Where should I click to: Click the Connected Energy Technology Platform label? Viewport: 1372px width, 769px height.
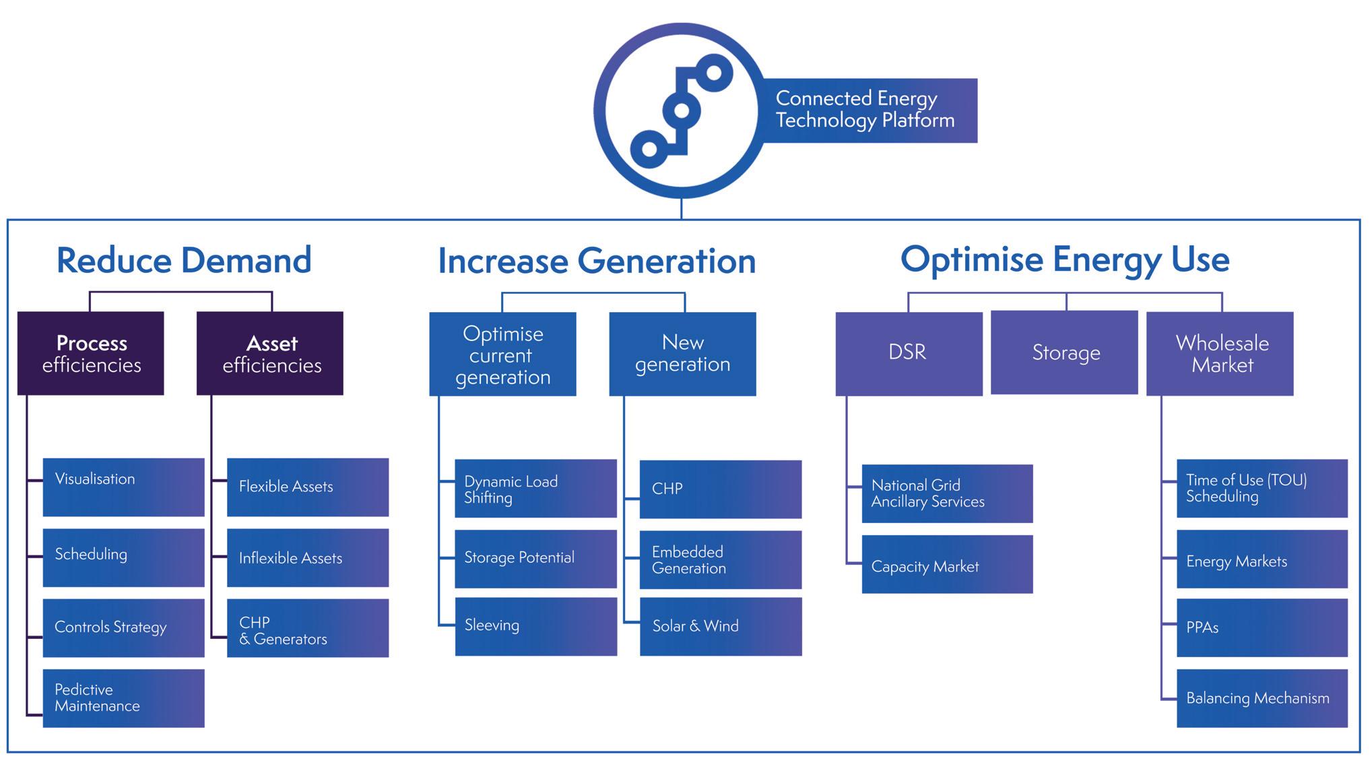(x=865, y=110)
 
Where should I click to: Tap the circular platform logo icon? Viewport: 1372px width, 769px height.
(x=681, y=111)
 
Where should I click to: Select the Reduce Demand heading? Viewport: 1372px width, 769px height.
(x=184, y=260)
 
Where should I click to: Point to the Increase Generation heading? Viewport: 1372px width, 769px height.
(x=597, y=261)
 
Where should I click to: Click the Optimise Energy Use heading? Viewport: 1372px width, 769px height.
(x=1065, y=260)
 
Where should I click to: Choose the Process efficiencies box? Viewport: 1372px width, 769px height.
(x=91, y=353)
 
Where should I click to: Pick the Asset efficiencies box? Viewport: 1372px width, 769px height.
(x=270, y=353)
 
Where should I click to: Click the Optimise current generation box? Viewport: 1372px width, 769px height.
(x=503, y=354)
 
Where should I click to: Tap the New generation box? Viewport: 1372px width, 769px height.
(x=683, y=354)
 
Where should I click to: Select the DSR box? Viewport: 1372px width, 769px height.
(x=909, y=354)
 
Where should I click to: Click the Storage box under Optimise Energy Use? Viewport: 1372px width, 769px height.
(x=1064, y=352)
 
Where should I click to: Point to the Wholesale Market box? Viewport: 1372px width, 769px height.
(x=1220, y=354)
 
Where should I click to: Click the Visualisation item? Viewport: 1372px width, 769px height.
(x=124, y=487)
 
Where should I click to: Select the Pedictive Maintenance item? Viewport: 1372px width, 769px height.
(x=124, y=698)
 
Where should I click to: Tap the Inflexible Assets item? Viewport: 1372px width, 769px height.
(x=308, y=557)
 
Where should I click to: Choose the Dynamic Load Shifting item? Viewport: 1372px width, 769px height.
(x=536, y=489)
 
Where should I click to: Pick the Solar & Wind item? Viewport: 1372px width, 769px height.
(x=721, y=627)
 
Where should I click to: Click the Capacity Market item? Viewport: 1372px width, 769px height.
(x=948, y=565)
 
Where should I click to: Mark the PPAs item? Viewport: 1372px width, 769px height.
(x=1262, y=628)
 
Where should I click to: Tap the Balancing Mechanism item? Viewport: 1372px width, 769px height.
(x=1262, y=698)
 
